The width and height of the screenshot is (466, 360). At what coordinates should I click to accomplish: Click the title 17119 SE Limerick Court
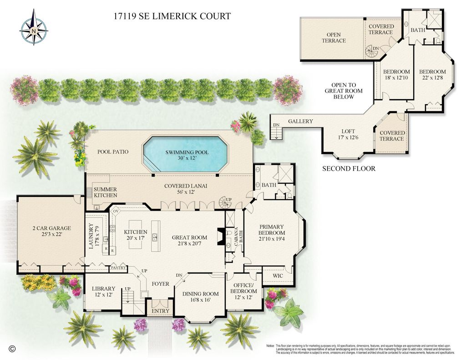[x=172, y=17]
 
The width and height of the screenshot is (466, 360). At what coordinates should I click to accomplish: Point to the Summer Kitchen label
[x=105, y=192]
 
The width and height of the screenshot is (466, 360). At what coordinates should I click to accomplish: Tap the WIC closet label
[x=278, y=276]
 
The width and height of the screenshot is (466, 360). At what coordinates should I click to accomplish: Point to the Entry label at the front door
[x=160, y=311]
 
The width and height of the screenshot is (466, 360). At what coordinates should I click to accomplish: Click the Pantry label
[x=118, y=268]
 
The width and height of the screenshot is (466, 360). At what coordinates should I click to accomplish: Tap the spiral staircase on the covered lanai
[x=225, y=202]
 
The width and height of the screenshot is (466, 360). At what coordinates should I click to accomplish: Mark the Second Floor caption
[x=349, y=169]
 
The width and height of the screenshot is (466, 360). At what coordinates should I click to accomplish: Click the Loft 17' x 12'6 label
[x=348, y=134]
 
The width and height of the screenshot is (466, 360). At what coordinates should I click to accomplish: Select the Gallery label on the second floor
[x=300, y=122]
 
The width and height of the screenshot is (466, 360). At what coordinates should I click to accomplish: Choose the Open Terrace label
[x=334, y=38]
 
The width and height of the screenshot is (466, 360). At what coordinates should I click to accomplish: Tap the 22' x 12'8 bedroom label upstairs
[x=432, y=75]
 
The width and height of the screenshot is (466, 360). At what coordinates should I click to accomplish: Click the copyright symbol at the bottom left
[x=12, y=349]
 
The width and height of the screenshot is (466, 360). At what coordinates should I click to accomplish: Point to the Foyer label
[x=160, y=284]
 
